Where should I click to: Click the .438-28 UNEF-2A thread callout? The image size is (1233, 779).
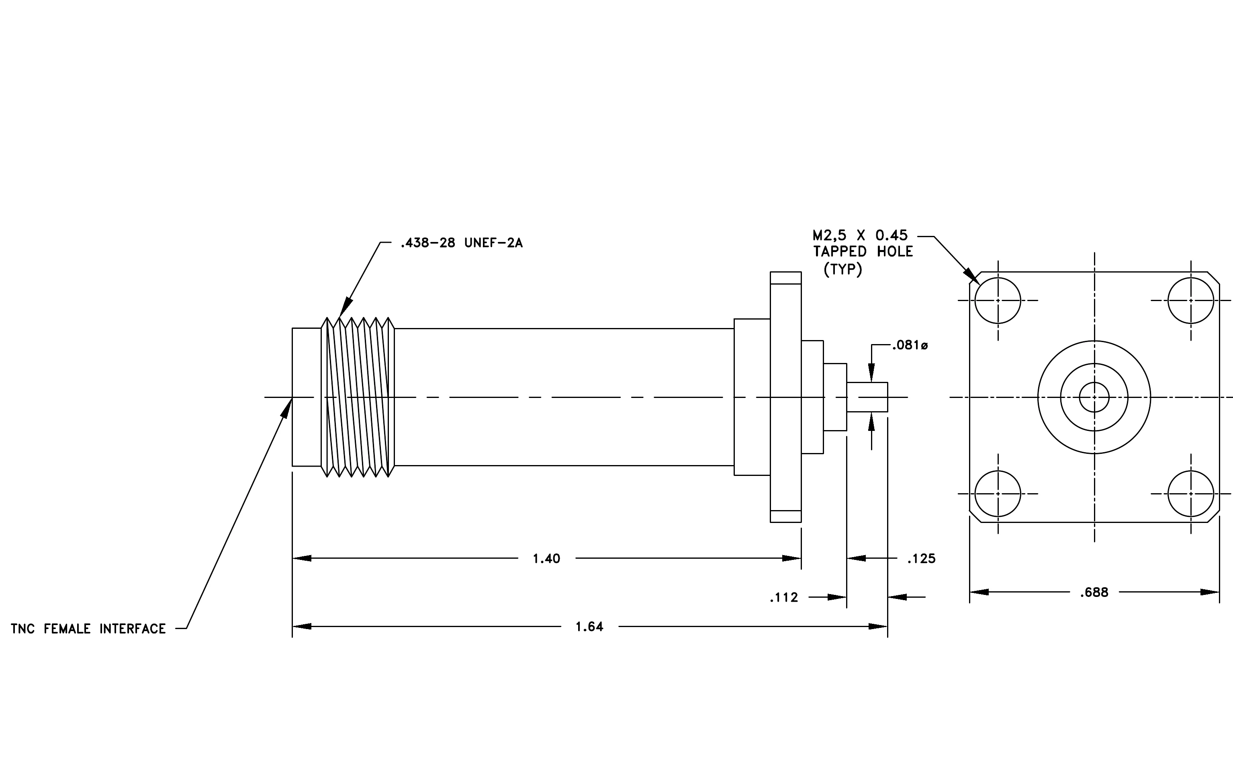click(x=461, y=243)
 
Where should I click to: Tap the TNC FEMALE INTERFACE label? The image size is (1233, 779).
click(x=88, y=628)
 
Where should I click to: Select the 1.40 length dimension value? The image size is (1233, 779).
click(x=546, y=558)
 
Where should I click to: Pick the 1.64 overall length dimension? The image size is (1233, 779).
click(x=589, y=626)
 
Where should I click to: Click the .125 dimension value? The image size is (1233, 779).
click(x=921, y=558)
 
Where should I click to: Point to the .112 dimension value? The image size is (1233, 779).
click(x=784, y=597)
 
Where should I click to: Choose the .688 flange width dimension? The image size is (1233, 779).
click(x=1094, y=592)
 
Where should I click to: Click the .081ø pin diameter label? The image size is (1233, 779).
click(x=910, y=345)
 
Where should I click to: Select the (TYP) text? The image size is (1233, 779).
click(x=843, y=269)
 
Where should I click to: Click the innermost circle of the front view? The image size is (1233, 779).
click(x=1094, y=383)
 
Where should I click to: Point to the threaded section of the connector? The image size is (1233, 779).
click(x=358, y=397)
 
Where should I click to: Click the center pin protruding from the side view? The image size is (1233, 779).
click(x=867, y=397)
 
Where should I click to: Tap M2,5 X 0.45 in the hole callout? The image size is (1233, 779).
click(x=860, y=236)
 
